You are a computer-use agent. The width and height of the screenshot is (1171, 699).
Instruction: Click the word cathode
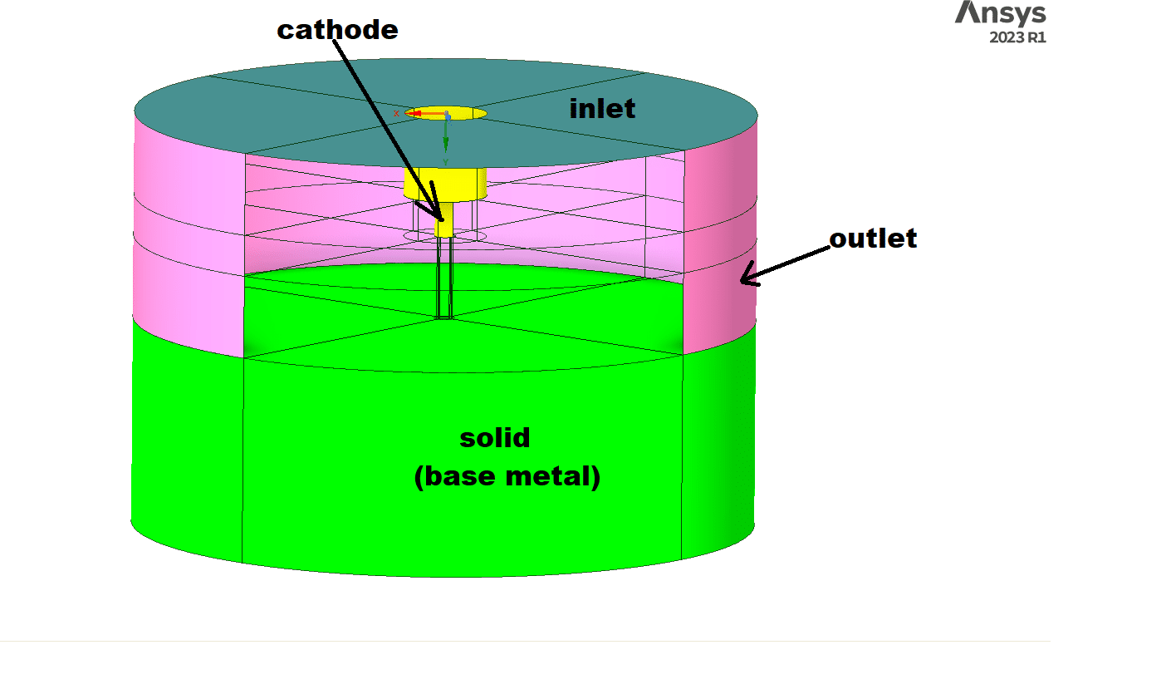(x=337, y=30)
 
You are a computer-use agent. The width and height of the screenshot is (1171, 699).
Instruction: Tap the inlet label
(x=602, y=109)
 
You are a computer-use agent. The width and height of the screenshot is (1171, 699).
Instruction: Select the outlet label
(x=873, y=239)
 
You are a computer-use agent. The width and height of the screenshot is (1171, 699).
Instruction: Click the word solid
(x=494, y=438)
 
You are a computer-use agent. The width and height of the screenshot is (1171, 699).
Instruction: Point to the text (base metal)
(x=507, y=476)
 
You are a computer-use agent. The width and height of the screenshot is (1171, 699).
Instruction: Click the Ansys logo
(x=1000, y=13)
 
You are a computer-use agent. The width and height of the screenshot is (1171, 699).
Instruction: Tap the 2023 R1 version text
(x=1017, y=37)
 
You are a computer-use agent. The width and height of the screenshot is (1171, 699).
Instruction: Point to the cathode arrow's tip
(x=441, y=219)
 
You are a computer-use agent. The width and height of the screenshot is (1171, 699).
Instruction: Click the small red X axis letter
(x=397, y=113)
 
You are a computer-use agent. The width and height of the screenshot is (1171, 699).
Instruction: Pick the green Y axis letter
(x=446, y=161)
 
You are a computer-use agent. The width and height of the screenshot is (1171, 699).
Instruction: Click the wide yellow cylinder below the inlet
(x=445, y=183)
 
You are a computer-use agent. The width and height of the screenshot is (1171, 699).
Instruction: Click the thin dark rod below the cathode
(x=444, y=274)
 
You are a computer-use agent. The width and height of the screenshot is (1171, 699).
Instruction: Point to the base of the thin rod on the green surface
(x=445, y=317)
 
